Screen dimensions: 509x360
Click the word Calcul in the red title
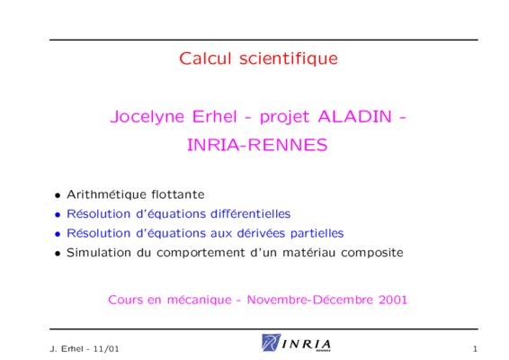tap(205, 58)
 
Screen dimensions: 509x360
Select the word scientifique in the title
tap(289, 58)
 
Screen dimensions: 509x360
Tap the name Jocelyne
tap(147, 117)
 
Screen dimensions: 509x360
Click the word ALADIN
tap(355, 116)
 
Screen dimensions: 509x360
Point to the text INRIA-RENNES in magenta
tap(257, 145)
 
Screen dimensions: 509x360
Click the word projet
tap(284, 117)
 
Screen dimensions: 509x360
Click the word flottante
tap(178, 194)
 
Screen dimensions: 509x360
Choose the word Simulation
tap(99, 253)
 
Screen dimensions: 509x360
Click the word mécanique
tap(200, 300)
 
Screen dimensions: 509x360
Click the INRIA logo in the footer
tap(296, 343)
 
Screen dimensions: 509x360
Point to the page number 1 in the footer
tap(475, 349)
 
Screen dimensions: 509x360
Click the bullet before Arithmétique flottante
tap(58, 195)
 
